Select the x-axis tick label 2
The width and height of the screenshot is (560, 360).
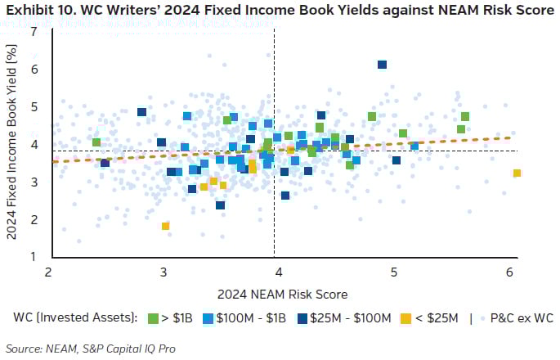point(48,272)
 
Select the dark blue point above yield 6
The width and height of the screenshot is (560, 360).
point(382,65)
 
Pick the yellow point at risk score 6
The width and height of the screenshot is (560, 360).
point(517,173)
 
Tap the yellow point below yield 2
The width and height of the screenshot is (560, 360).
point(166,226)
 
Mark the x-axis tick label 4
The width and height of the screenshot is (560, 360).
point(279,272)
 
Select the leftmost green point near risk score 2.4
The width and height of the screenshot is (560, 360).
point(96,142)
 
